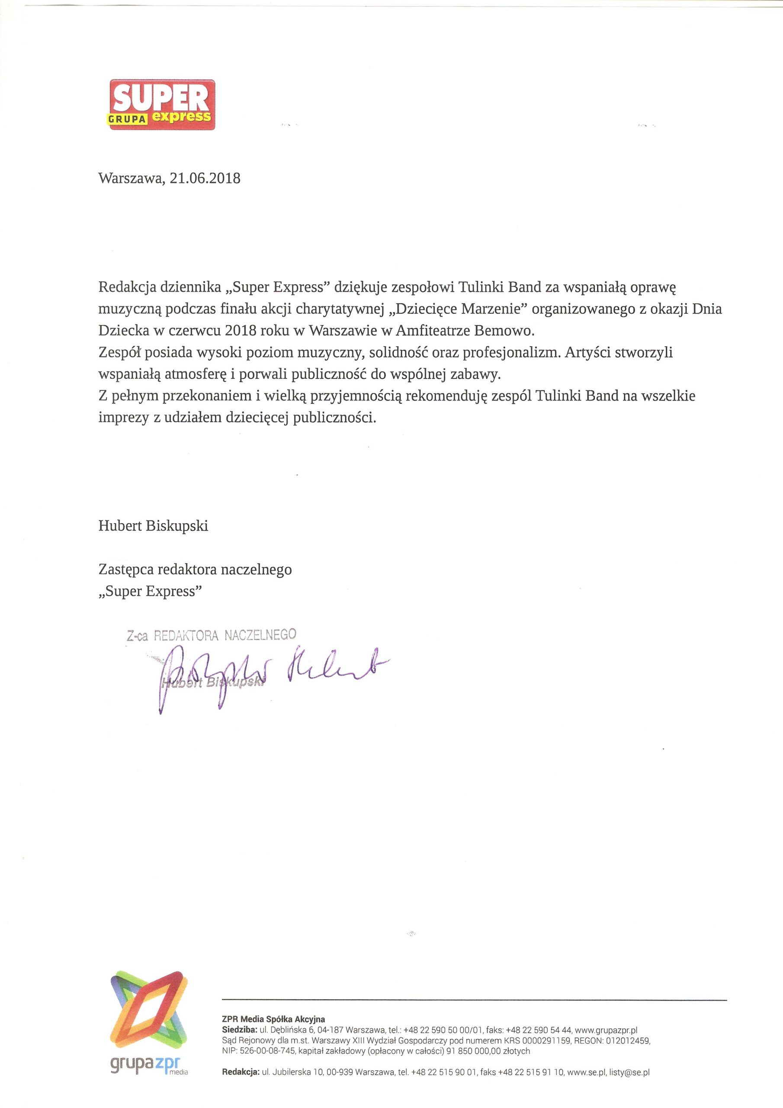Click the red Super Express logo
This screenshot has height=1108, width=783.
click(x=162, y=104)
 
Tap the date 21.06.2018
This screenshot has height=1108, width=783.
click(x=205, y=179)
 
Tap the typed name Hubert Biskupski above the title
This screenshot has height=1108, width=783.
click(x=153, y=525)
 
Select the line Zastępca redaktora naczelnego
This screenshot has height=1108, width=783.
click(x=195, y=570)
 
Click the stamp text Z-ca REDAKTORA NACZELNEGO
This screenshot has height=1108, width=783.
click(x=211, y=635)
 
